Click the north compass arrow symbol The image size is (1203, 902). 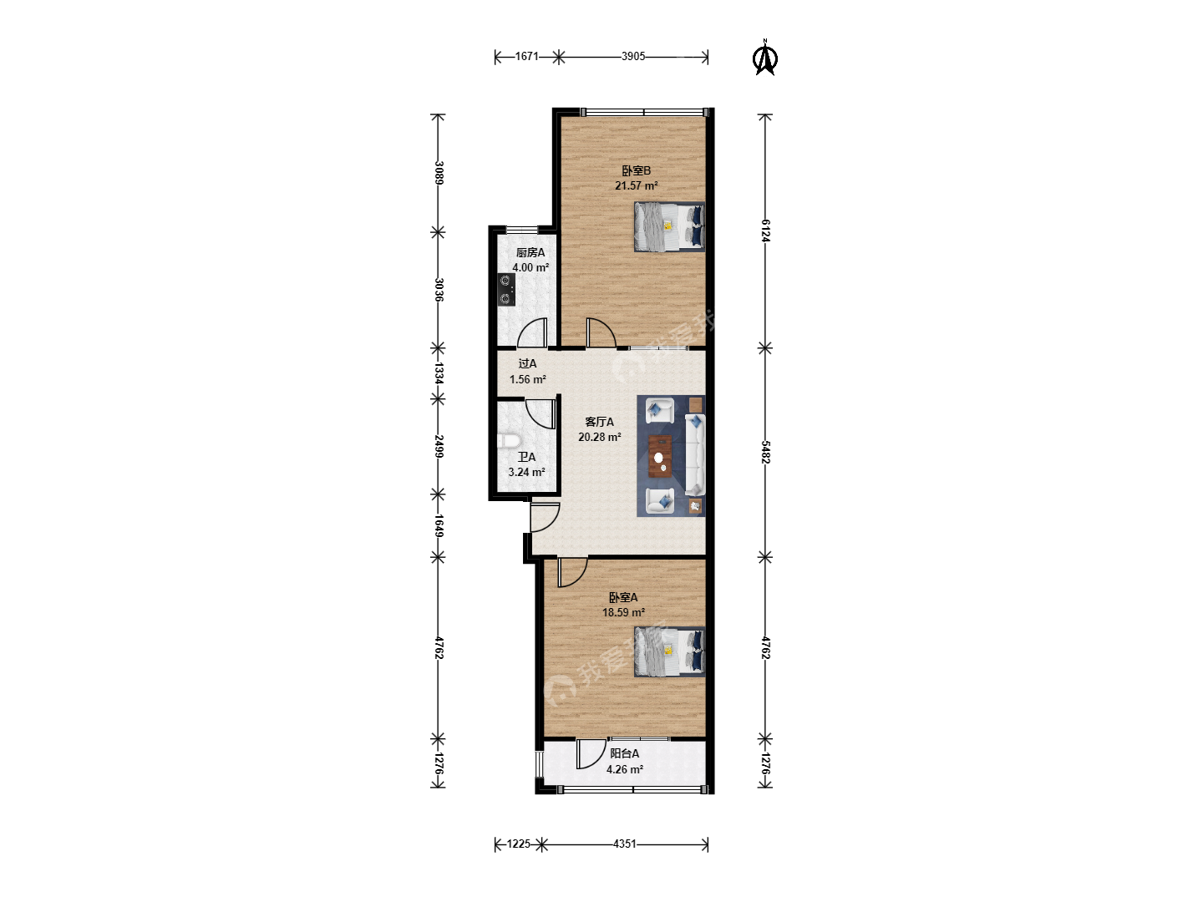(x=765, y=58)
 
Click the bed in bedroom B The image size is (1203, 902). (x=669, y=226)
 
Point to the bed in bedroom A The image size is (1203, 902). (x=669, y=651)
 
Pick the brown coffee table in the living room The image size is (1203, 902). (x=661, y=456)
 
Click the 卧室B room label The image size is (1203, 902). (x=636, y=171)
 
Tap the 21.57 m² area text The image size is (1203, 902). (x=636, y=185)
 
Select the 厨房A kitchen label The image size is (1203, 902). (x=530, y=252)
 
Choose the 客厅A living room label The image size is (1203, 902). (x=599, y=422)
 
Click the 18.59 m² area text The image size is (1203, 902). (x=623, y=612)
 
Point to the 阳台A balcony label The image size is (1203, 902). (x=624, y=753)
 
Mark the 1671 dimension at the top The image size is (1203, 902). (x=526, y=57)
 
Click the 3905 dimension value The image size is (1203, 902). (x=633, y=57)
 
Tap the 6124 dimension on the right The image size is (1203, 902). (x=765, y=231)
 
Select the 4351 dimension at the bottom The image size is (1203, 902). (x=624, y=844)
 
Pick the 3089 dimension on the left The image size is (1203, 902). (x=439, y=173)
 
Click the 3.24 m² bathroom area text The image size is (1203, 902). (x=526, y=472)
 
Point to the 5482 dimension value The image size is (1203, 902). (x=765, y=453)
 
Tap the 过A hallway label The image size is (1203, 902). (x=527, y=363)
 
